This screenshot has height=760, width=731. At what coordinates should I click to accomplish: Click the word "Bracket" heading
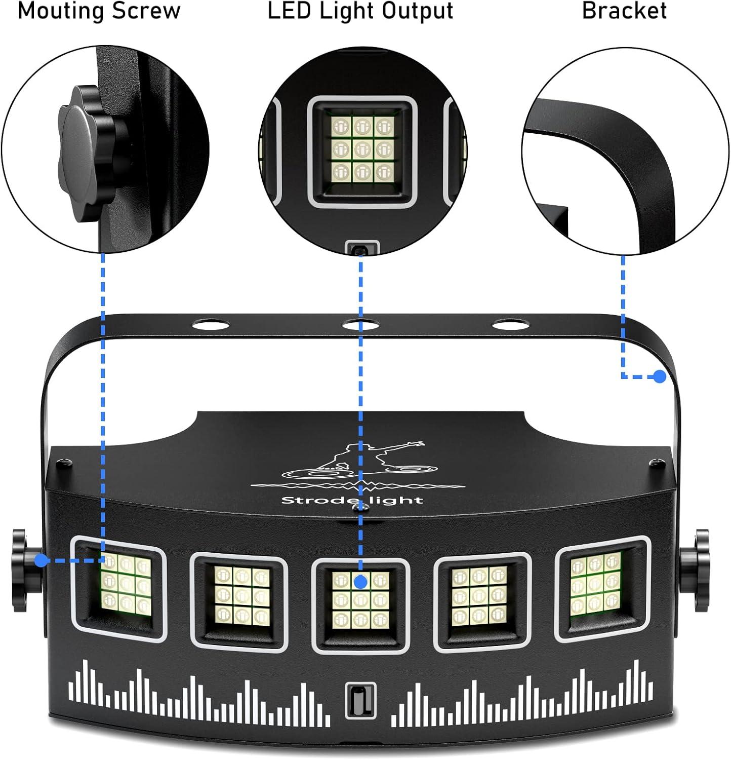tap(624, 11)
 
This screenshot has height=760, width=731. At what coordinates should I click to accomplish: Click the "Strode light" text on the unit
tap(352, 501)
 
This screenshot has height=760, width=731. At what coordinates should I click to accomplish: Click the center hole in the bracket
tap(360, 324)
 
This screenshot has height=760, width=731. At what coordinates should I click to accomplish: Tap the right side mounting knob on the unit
tap(700, 570)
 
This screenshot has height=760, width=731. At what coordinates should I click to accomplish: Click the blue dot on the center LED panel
tap(360, 582)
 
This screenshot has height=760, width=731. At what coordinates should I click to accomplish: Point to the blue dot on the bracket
tap(659, 376)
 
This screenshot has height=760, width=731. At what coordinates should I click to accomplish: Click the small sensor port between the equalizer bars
tap(360, 700)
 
